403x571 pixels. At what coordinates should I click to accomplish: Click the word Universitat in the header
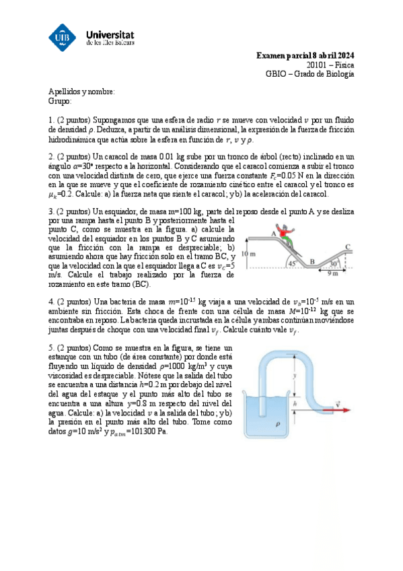tap(111, 32)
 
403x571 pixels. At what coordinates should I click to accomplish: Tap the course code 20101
tap(318, 65)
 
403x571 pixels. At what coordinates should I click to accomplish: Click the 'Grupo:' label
tap(60, 101)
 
